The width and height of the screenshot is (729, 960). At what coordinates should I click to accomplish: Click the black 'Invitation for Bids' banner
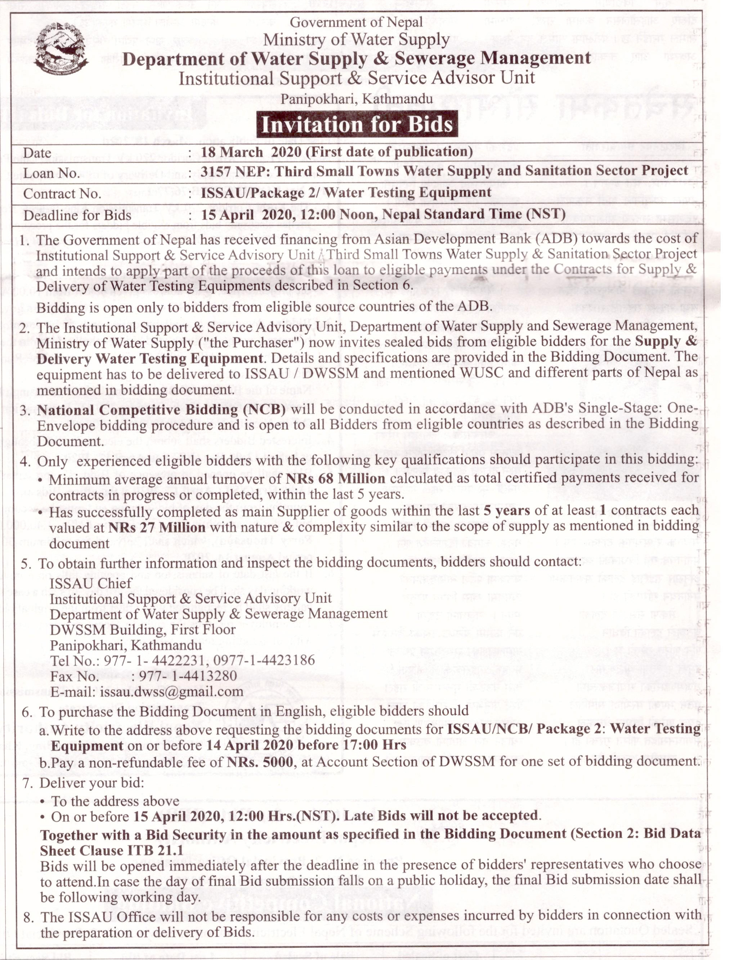tap(357, 125)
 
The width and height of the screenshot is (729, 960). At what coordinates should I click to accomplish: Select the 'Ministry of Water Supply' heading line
tap(356, 40)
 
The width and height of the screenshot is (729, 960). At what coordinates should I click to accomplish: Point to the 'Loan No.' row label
tap(51, 174)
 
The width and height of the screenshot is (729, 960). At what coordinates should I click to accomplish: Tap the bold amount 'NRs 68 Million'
tap(335, 479)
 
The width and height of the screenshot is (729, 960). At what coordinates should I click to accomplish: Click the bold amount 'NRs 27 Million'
tap(157, 528)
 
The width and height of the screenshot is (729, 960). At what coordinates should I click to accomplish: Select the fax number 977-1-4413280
tap(188, 676)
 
